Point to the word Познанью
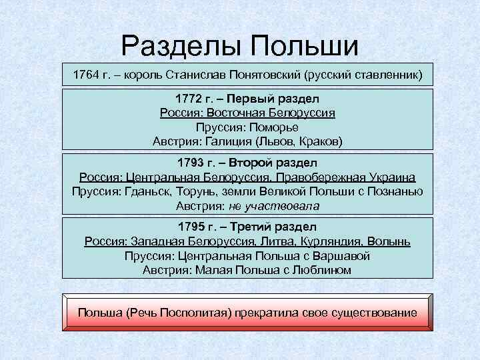click(396, 192)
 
